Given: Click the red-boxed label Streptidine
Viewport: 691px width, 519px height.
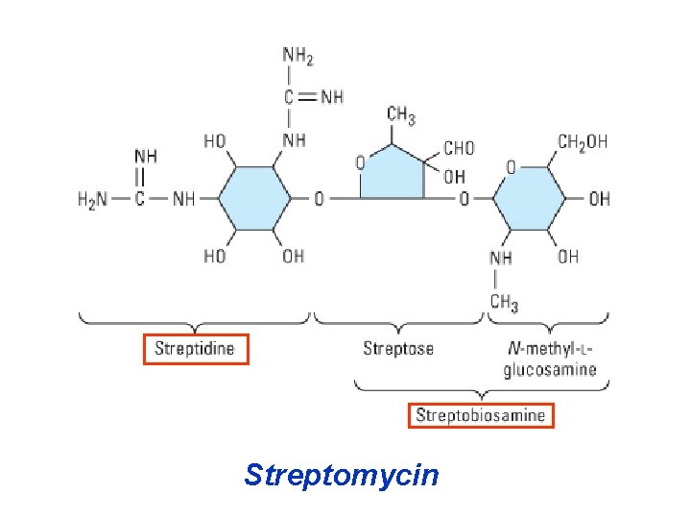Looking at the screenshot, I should tap(195, 348).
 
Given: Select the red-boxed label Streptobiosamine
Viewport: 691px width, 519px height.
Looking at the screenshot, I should tap(481, 415).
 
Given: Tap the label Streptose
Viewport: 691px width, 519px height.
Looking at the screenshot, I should tap(397, 348).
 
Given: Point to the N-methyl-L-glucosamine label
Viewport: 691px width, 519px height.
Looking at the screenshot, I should tap(550, 358).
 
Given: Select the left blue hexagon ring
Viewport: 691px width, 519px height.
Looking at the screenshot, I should tap(254, 199).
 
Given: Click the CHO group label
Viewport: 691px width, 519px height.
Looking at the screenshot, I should tap(458, 148).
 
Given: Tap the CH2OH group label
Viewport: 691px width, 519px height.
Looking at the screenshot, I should tap(582, 141).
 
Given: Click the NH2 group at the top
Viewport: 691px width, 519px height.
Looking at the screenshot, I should tap(298, 56).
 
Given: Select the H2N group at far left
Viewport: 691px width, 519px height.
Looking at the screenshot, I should tap(93, 199).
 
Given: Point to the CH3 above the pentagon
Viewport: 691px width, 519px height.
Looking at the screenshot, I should tap(401, 117).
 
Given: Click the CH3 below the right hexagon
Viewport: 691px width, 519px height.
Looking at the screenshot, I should tap(504, 303).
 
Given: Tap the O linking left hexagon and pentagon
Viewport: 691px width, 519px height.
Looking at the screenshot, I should tap(320, 199).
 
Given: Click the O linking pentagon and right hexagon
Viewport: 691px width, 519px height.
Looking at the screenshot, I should tap(464, 199).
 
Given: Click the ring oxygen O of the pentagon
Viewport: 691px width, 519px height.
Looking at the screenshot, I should tap(360, 163).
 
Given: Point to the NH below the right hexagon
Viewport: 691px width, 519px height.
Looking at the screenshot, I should tap(500, 258).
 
